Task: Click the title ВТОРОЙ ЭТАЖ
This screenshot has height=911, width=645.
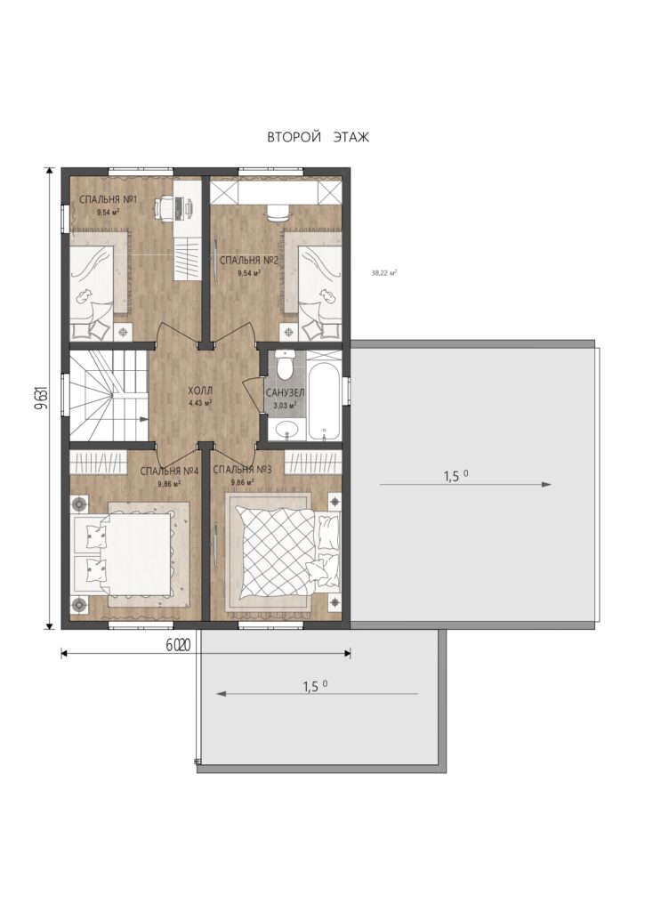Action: pos(318,137)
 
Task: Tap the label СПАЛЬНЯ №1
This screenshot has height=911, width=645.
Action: pos(108,200)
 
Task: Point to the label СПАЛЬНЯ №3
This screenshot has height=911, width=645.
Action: pos(242,470)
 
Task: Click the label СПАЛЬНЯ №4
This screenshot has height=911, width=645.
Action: pos(170,471)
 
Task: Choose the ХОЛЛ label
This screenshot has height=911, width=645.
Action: pos(200,391)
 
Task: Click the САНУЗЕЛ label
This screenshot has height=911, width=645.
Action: pos(286,393)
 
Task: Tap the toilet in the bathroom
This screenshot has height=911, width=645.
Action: pos(286,364)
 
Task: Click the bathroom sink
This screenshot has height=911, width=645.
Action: pos(286,430)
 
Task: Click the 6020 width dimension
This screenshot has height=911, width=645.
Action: pos(180,645)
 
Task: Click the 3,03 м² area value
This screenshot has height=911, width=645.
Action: pos(286,405)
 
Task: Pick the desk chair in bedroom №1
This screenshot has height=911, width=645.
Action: pos(164,207)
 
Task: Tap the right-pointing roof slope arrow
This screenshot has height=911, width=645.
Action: pos(465,484)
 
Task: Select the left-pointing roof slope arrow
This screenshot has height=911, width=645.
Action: pos(318,693)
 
